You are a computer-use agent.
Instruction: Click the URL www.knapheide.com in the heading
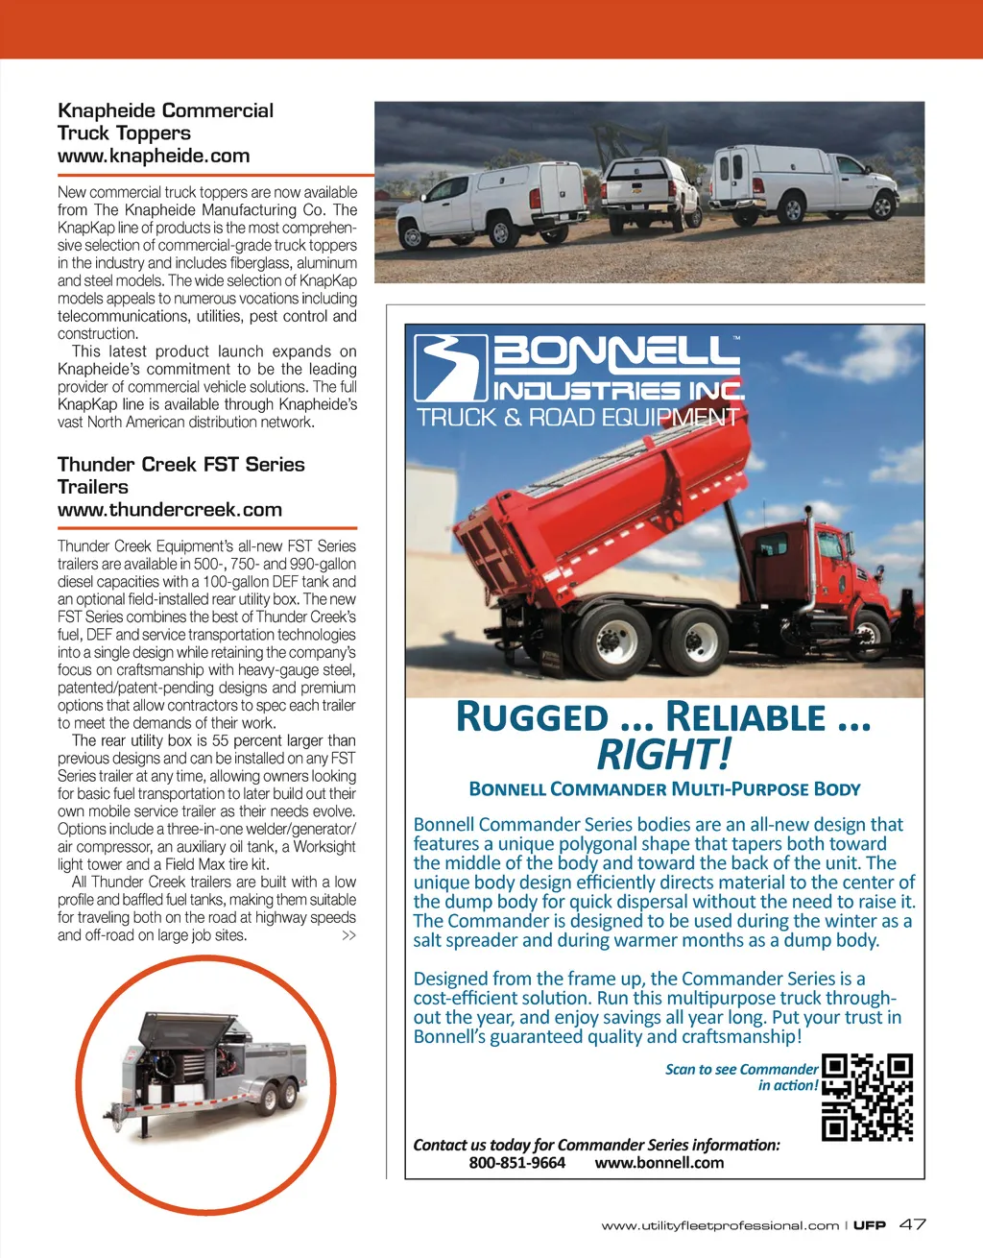154,156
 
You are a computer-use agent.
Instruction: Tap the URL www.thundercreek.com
170,510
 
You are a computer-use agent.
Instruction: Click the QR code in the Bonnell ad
867,1097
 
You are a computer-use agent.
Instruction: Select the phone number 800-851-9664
516,1163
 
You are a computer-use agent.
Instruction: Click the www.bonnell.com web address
659,1163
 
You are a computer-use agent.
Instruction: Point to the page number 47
912,1224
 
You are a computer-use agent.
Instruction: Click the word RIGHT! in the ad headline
663,755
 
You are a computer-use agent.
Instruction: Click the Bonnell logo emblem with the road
450,367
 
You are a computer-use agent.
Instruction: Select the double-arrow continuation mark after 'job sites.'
348,935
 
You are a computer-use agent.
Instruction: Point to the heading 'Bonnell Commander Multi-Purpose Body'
664,789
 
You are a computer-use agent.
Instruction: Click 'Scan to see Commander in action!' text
741,1077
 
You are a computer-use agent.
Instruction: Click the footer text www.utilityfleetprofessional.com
720,1225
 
